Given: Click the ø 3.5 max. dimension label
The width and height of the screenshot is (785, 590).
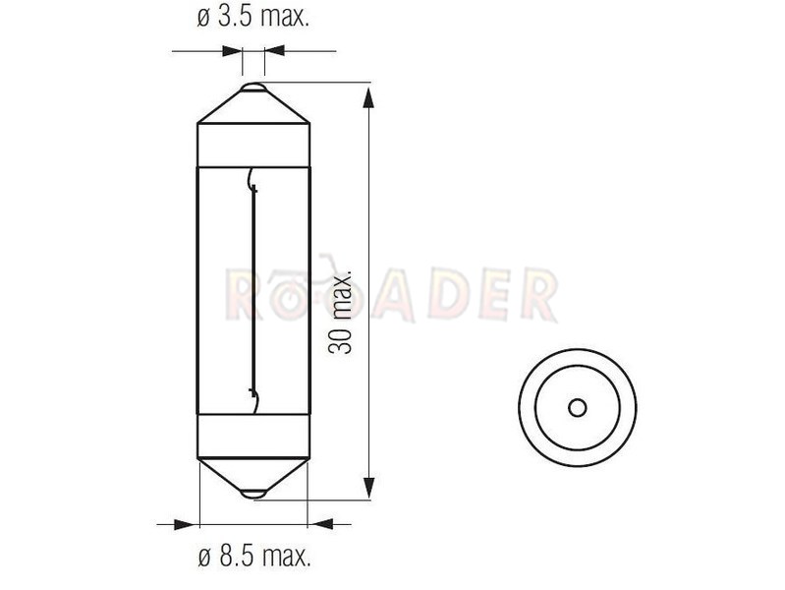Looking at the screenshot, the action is (253, 18).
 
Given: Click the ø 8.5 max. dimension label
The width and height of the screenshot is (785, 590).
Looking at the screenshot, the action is (254, 557).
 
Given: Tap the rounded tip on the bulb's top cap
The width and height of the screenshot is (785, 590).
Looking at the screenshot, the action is (253, 88).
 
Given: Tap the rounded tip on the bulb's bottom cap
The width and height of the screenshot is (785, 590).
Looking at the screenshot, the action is (253, 494).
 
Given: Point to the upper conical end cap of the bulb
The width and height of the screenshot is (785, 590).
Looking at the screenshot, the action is (253, 104).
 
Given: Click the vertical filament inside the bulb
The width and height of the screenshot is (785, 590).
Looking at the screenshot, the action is (254, 290).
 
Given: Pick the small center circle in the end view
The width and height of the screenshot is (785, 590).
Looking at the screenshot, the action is (578, 407).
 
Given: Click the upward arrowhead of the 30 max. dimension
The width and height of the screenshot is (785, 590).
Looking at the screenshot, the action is (368, 97).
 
